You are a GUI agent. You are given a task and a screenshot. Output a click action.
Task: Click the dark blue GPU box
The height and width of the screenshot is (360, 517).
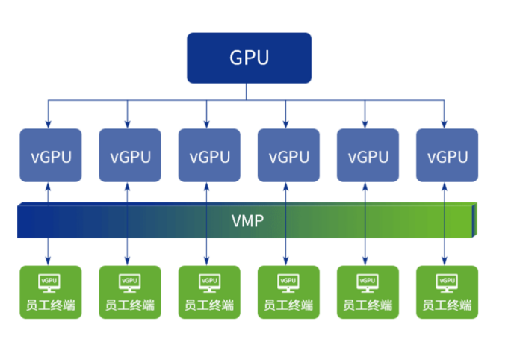(x=248, y=58)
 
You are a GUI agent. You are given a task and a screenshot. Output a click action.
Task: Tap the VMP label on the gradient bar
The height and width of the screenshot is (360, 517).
(x=247, y=222)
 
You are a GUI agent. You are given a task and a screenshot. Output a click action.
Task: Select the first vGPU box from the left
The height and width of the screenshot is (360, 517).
(x=51, y=155)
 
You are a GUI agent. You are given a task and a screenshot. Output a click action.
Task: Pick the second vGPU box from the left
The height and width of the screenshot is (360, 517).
(x=130, y=155)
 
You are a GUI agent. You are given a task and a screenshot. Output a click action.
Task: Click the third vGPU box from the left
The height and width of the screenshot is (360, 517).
(x=209, y=155)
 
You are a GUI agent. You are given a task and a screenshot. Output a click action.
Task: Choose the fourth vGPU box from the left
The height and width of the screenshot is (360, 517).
(x=288, y=155)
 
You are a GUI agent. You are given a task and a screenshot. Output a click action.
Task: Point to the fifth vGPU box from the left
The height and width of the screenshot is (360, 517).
(x=368, y=155)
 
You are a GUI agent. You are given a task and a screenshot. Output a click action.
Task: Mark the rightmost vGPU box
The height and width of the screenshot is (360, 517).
(x=447, y=155)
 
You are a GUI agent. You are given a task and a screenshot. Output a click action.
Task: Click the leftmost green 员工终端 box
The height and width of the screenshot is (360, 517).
(x=51, y=292)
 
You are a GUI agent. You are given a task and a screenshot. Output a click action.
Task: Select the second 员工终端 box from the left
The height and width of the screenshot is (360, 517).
(x=130, y=292)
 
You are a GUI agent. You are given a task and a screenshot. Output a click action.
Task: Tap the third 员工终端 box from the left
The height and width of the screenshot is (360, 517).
(x=209, y=292)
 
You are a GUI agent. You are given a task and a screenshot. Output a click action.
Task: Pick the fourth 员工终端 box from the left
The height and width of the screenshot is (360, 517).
(x=288, y=292)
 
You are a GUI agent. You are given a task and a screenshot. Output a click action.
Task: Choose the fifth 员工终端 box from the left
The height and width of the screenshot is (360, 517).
(x=368, y=292)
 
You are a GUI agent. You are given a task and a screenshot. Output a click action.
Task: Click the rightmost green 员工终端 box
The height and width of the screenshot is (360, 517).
(x=447, y=292)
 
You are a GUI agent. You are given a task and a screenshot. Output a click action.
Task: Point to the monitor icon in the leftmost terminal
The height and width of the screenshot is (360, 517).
(x=49, y=282)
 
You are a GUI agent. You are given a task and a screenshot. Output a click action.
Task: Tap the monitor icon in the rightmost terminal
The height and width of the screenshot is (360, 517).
(x=446, y=282)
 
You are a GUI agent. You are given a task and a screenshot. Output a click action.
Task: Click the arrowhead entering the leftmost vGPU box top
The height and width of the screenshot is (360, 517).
(x=48, y=125)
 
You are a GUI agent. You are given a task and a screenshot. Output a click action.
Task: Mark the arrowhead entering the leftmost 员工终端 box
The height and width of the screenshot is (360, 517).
(x=48, y=261)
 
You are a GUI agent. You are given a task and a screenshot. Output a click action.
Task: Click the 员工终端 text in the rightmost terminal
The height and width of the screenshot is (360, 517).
(x=447, y=305)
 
